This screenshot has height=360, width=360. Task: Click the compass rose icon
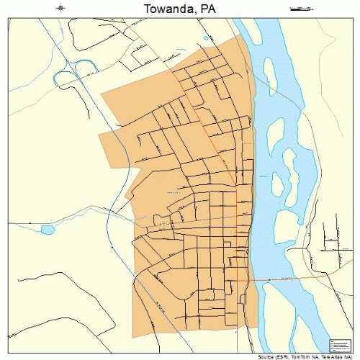click(61, 9)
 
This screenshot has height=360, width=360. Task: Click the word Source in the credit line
click(269, 356)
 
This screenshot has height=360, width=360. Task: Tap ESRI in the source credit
click(287, 356)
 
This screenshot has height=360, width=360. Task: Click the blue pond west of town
click(48, 230)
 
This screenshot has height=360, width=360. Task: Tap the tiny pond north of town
click(206, 38)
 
